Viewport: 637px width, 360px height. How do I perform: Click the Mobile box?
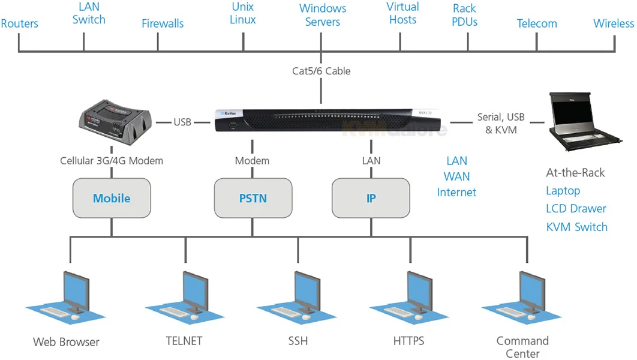point(112,198)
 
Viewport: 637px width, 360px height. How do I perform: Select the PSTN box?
point(253,198)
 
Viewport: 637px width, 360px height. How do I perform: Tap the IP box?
point(371,198)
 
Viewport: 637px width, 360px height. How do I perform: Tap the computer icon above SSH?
point(298,297)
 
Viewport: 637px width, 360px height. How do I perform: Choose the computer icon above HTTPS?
point(410,297)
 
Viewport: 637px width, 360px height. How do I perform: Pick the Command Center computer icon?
point(522,297)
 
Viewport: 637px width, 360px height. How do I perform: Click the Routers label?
point(19,24)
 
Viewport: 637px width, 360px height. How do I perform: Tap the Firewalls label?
point(163,24)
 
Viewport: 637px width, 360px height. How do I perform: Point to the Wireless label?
point(614,24)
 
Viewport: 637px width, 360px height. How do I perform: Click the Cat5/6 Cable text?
point(321,71)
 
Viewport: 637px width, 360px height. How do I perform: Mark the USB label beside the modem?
point(182,122)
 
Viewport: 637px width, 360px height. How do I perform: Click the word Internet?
point(456,193)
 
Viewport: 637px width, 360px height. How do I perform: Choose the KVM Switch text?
point(576,227)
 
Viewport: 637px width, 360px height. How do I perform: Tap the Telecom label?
point(537,24)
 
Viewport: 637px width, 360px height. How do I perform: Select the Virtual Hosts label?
point(402,13)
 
